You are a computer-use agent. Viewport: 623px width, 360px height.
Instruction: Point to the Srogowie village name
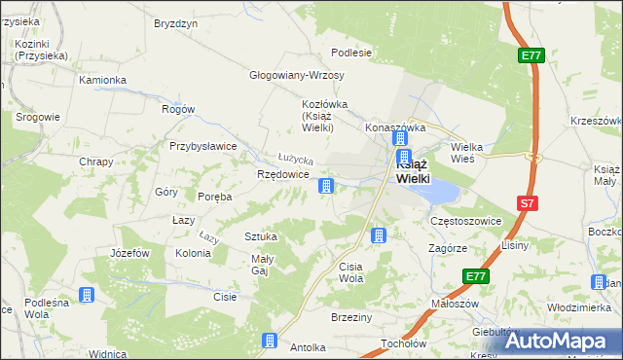[x=38, y=117]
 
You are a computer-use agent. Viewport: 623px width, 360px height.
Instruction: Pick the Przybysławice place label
[x=203, y=146]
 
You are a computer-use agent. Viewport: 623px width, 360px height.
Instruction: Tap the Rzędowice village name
[x=283, y=174]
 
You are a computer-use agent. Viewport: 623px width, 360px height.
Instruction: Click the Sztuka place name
[x=261, y=236]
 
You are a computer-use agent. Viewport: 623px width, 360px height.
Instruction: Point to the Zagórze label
[x=448, y=248]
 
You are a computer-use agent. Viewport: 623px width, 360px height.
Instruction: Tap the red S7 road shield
[x=527, y=203]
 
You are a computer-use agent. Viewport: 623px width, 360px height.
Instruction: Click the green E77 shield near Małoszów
[x=475, y=277]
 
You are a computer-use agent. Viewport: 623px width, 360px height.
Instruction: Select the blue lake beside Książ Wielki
[x=436, y=191]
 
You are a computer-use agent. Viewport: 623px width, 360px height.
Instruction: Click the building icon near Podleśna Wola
[x=86, y=294]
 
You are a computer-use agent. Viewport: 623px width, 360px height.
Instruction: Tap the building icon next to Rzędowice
[x=329, y=185]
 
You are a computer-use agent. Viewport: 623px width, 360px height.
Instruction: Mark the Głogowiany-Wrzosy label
[x=291, y=75]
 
